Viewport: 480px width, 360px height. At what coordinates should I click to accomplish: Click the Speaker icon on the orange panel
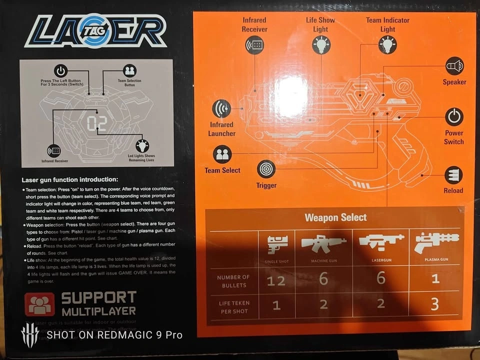click(454, 66)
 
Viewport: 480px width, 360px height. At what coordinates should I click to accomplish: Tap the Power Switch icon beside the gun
click(454, 117)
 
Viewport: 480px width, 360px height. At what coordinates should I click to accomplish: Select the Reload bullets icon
click(453, 175)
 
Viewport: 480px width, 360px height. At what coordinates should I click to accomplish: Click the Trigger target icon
click(266, 169)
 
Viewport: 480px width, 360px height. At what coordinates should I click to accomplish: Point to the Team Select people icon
click(222, 154)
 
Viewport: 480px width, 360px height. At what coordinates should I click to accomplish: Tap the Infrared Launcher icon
click(221, 108)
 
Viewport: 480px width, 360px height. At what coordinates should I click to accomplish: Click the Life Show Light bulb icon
click(320, 45)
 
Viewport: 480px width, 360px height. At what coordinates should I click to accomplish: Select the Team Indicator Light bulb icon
click(387, 45)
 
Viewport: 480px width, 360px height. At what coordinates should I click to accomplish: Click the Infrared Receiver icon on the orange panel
click(254, 45)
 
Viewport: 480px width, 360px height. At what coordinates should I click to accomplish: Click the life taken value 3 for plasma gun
click(435, 304)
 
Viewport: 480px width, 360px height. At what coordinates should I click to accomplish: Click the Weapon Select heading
click(335, 217)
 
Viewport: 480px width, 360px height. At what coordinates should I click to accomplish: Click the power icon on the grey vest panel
click(61, 70)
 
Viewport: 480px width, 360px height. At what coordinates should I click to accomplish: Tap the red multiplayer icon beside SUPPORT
click(39, 304)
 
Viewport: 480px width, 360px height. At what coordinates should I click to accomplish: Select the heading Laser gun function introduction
click(70, 179)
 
